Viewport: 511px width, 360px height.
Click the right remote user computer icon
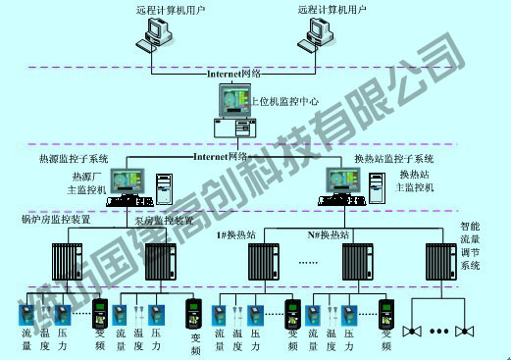(x=316, y=34)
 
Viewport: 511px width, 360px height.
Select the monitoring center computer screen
(x=235, y=101)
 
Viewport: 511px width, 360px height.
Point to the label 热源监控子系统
(x=74, y=158)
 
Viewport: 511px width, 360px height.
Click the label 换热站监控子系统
(x=394, y=158)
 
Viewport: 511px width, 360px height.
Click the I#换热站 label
(x=236, y=235)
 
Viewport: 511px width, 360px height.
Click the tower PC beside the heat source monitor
(x=163, y=183)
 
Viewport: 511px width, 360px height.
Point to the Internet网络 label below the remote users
(x=234, y=74)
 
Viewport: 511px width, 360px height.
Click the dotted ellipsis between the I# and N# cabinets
(x=306, y=264)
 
